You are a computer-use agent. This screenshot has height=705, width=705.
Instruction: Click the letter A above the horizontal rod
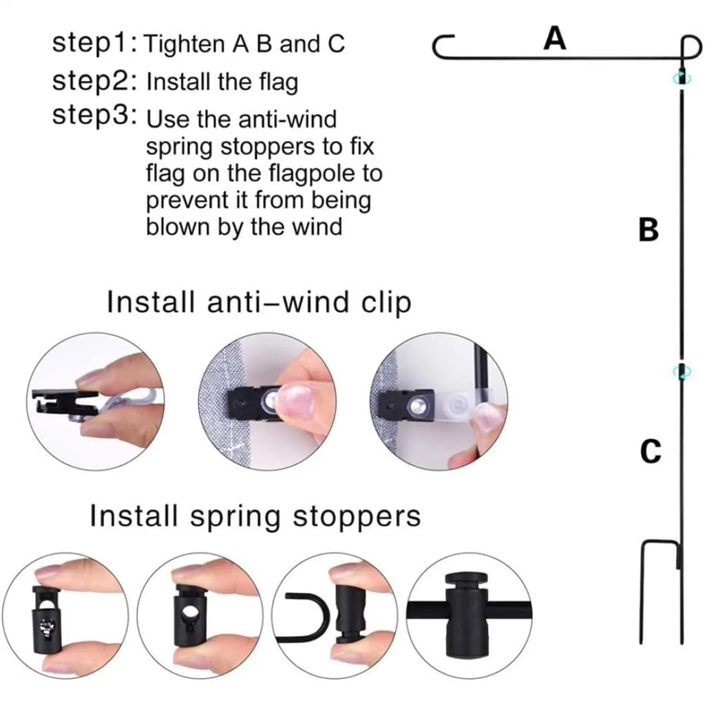click(x=554, y=39)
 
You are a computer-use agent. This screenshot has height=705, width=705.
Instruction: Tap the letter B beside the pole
click(x=649, y=229)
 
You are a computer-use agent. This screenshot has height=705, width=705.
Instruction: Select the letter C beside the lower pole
click(x=651, y=451)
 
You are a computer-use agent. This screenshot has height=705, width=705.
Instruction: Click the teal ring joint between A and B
click(x=682, y=78)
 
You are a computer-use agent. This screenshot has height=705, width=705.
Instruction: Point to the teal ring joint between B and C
click(x=682, y=371)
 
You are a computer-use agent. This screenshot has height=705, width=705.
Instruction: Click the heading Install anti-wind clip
click(x=259, y=303)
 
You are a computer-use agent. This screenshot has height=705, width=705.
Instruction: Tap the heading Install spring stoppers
click(x=255, y=516)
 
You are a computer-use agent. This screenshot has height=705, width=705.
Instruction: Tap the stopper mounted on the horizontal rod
click(x=467, y=615)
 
